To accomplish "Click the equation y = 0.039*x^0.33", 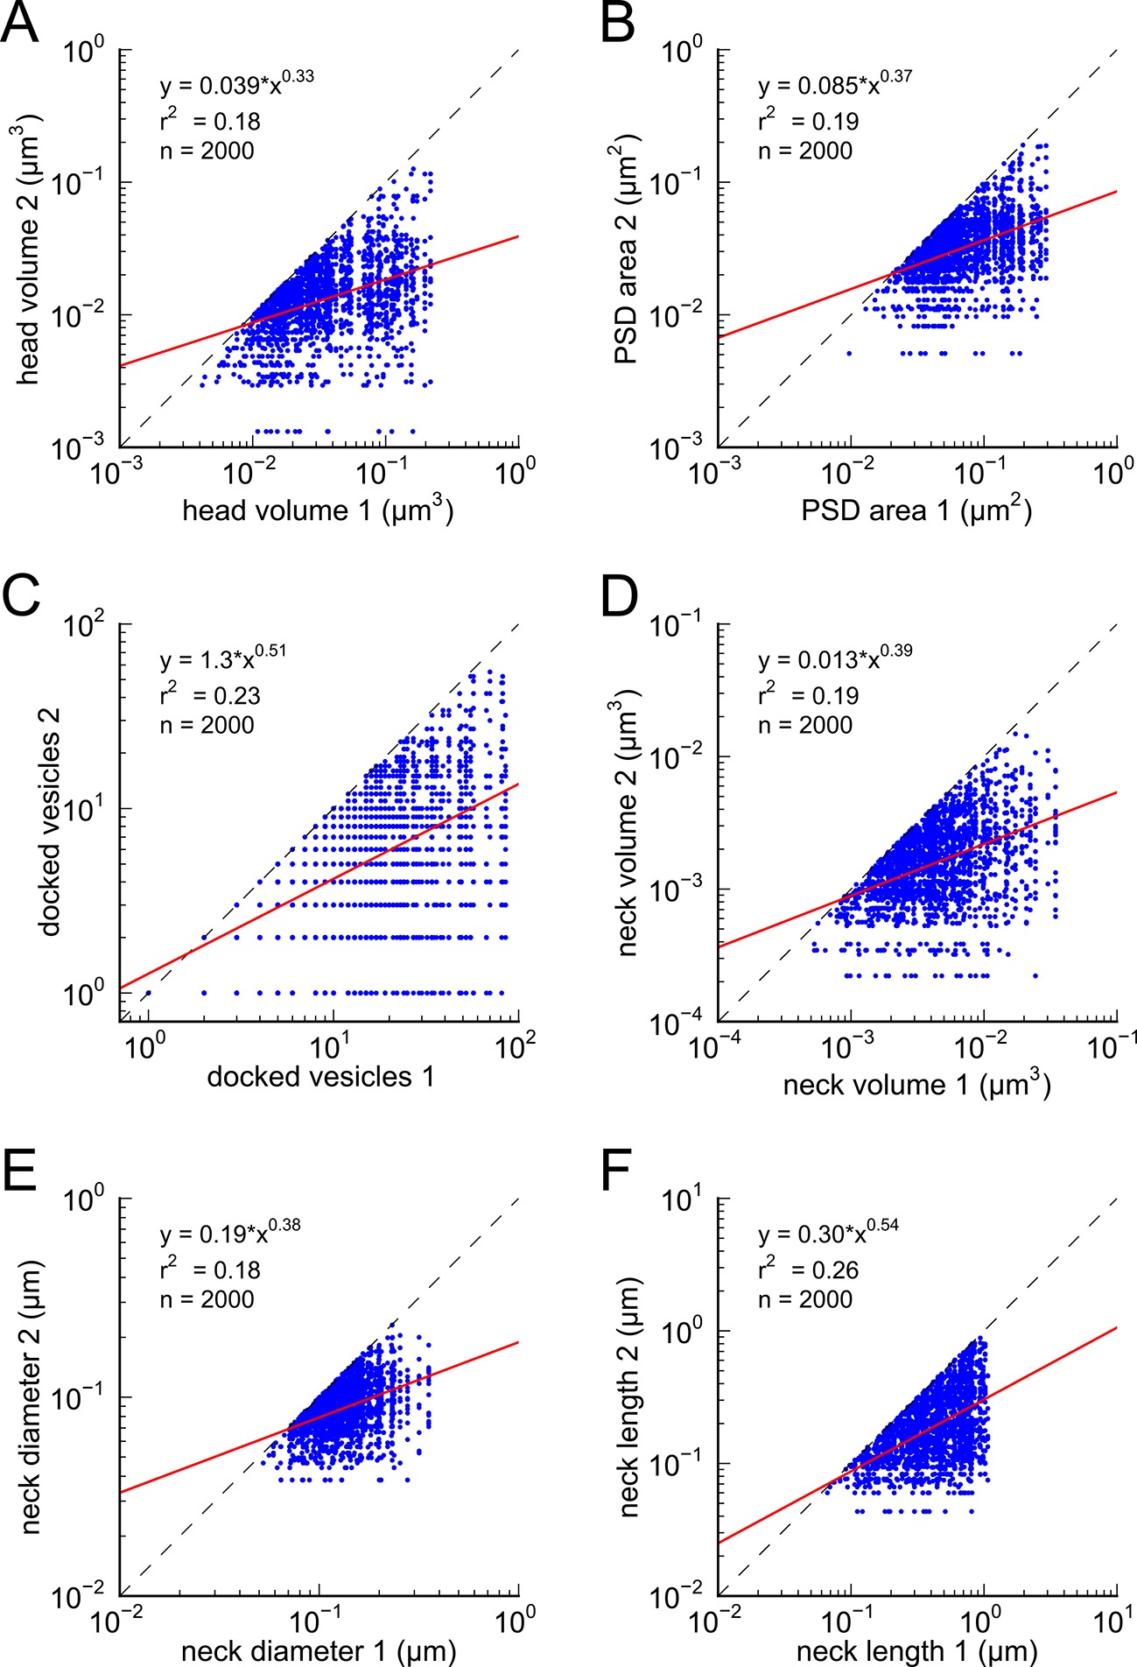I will [x=236, y=85].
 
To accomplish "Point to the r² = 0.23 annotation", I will [x=210, y=695].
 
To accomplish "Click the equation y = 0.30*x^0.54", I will [x=828, y=1234].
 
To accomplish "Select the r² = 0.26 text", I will [x=809, y=1270].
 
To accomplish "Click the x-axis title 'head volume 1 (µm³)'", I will [x=318, y=510].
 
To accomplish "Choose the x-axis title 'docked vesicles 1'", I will [x=320, y=1077].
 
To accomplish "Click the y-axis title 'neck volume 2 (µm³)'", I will [x=630, y=823].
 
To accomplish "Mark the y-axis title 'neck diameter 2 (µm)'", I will [x=31, y=1397].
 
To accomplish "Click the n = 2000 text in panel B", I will [x=805, y=151].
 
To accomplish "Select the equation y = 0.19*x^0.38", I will [x=230, y=1234].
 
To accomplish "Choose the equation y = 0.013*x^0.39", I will [x=835, y=660].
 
